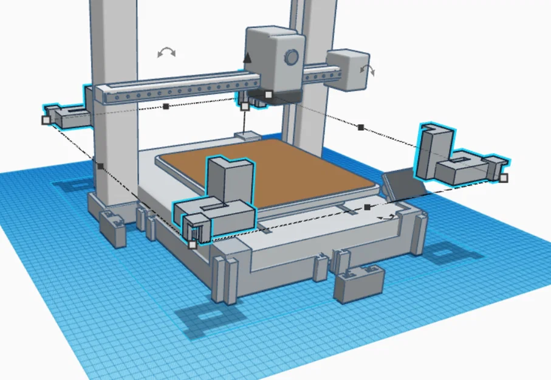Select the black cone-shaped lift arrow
[247, 58]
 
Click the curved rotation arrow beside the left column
[166, 53]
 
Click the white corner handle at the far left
[46, 120]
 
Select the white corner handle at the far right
[503, 178]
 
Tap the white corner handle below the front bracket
[193, 244]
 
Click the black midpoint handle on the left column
[100, 165]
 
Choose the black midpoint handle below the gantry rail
[166, 106]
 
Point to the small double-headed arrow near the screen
[386, 216]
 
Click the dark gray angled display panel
[403, 183]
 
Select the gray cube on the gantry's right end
[346, 69]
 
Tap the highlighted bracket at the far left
[67, 116]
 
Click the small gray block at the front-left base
[113, 229]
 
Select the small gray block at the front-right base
[359, 284]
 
